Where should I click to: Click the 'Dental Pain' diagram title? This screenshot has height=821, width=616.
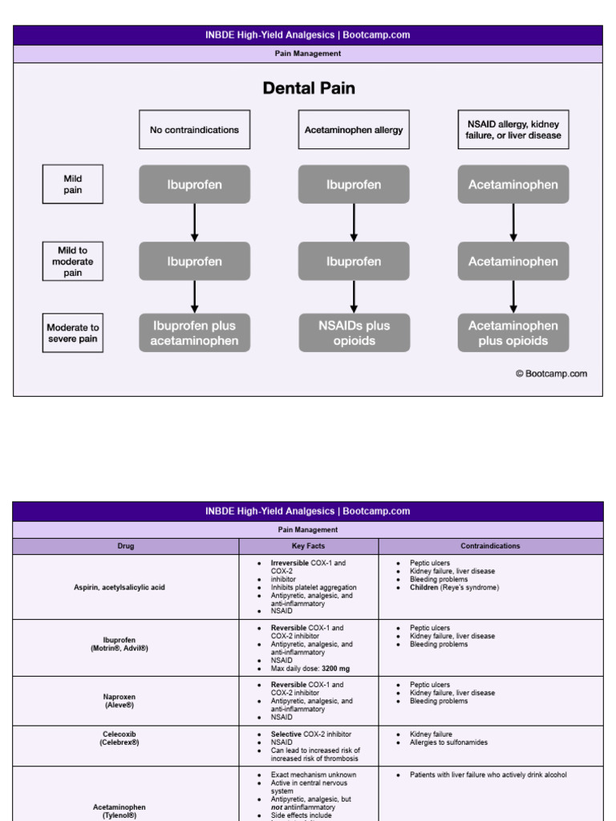(309, 88)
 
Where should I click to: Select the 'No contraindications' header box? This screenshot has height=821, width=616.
(194, 130)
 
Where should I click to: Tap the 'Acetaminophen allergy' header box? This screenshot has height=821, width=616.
(354, 130)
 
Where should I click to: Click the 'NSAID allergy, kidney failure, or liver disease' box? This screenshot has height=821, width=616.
(513, 130)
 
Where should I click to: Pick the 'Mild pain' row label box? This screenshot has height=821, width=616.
(72, 184)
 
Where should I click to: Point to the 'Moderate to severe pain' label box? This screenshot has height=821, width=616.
(72, 334)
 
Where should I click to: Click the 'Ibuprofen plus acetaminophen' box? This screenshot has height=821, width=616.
(194, 333)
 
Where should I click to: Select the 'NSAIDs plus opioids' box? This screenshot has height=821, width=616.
(354, 333)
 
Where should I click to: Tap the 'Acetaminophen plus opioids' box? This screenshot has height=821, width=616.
(513, 333)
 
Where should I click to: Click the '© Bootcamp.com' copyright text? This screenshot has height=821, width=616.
(551, 374)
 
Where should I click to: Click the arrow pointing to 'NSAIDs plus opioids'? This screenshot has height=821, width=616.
(354, 297)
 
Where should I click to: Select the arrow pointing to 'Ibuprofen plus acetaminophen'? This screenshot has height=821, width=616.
(194, 297)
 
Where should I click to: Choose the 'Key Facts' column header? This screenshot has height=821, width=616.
(309, 546)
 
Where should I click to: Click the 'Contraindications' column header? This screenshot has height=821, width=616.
(490, 546)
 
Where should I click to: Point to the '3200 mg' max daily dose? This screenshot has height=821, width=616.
(335, 669)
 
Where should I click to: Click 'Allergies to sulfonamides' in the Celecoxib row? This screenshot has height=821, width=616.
(448, 742)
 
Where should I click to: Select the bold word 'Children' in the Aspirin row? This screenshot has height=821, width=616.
(424, 588)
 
